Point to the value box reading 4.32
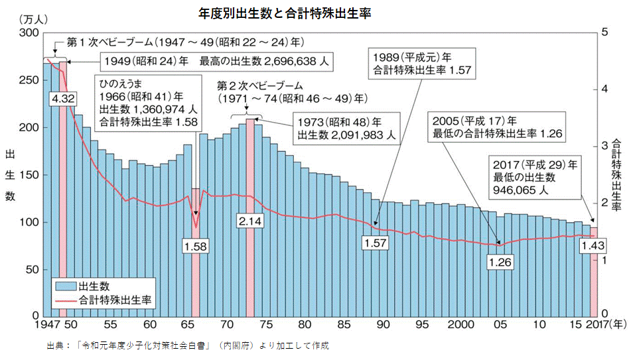pyautogui.click(x=62, y=98)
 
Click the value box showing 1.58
pyautogui.click(x=196, y=246)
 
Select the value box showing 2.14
pyautogui.click(x=250, y=220)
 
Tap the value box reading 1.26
pyautogui.click(x=500, y=262)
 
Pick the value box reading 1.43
pyautogui.click(x=592, y=246)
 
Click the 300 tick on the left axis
pyautogui.click(x=29, y=33)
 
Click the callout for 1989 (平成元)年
pyautogui.click(x=411, y=62)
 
